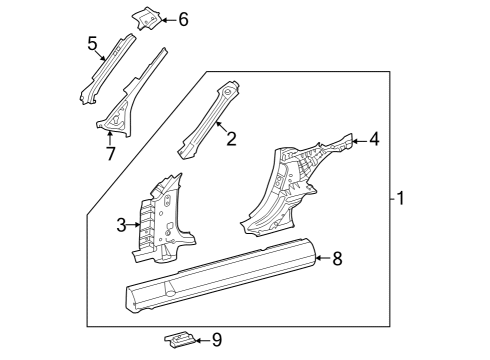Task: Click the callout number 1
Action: tap(401, 198)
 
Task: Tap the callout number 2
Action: tap(231, 139)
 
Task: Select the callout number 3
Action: tap(121, 225)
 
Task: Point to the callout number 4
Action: tap(375, 139)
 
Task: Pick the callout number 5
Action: tap(92, 43)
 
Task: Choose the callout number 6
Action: tap(183, 19)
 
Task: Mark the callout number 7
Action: tap(111, 154)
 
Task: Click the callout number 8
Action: tap(337, 259)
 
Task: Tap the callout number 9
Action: tap(217, 340)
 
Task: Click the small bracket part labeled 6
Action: tap(147, 18)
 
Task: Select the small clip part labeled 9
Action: tap(180, 340)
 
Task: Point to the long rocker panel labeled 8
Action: tap(220, 275)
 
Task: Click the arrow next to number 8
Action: tap(323, 258)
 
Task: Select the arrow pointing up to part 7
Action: tap(110, 139)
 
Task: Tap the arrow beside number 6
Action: tap(169, 20)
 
